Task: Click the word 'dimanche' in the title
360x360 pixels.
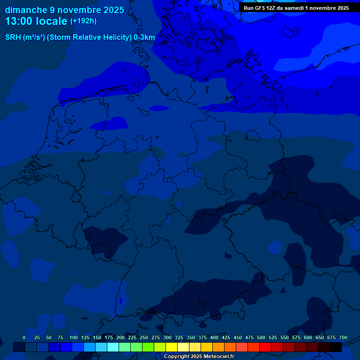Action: coord(26,10)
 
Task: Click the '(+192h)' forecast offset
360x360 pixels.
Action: coord(83,21)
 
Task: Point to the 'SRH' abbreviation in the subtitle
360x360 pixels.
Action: coord(13,37)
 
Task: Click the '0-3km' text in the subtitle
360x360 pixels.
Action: coord(144,37)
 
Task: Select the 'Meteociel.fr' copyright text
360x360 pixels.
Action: coord(216,357)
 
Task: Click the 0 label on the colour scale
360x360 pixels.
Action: coord(24,337)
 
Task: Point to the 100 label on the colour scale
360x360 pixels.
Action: coord(74,337)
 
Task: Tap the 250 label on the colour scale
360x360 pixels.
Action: coord(144,337)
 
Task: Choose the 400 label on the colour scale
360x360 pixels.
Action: coord(214,337)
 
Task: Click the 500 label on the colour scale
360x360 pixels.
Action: coord(261,337)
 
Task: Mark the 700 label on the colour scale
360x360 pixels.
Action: coord(343,337)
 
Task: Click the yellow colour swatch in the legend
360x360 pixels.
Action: coord(172,347)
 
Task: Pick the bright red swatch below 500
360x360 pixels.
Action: coord(265,347)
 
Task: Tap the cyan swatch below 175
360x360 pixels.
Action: coord(113,347)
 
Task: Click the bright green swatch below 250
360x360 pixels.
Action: coord(148,347)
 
